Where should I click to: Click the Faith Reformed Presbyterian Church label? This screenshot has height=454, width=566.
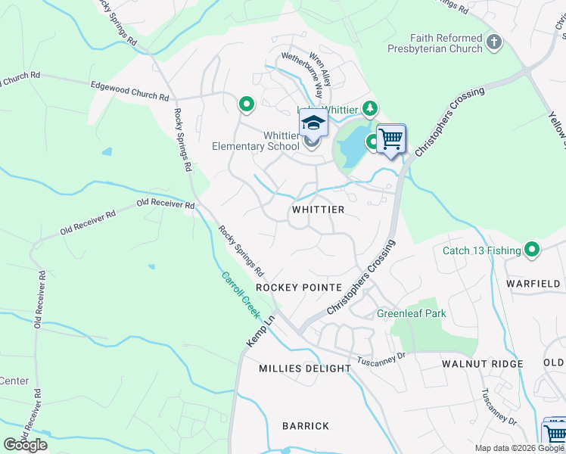click(446, 43)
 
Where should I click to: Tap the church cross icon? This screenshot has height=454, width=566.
click(494, 42)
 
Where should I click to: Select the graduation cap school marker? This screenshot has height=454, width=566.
click(313, 122)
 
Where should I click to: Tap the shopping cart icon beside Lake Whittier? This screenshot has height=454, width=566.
click(391, 139)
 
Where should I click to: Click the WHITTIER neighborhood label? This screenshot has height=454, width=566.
click(318, 210)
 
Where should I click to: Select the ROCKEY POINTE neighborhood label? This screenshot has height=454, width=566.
click(294, 288)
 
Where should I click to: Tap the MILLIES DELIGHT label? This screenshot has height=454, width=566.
click(305, 368)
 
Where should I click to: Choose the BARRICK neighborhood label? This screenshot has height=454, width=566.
click(306, 426)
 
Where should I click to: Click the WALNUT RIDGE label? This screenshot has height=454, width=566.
click(482, 364)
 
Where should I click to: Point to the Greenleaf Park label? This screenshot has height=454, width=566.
click(412, 313)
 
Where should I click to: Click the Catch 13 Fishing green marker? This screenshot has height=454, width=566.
click(532, 249)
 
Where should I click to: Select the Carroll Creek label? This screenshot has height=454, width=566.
click(241, 295)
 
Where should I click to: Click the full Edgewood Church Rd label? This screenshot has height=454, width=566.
click(129, 92)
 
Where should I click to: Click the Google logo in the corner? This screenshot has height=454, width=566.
click(26, 444)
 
